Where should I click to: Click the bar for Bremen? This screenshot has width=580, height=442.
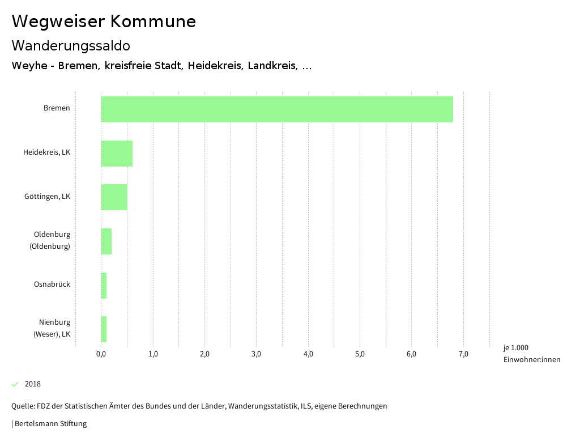pyautogui.click(x=277, y=109)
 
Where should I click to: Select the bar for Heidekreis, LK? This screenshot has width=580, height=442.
pyautogui.click(x=117, y=154)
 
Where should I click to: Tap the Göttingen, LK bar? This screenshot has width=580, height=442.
pyautogui.click(x=114, y=197)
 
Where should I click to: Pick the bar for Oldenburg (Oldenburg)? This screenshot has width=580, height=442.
pyautogui.click(x=106, y=241)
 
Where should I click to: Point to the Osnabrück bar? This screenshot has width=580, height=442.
pyautogui.click(x=104, y=286)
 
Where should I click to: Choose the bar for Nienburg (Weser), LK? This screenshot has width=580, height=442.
pyautogui.click(x=104, y=329)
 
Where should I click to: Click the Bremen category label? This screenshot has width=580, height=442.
pyautogui.click(x=57, y=108)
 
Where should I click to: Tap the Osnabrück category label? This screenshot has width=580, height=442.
pyautogui.click(x=52, y=284)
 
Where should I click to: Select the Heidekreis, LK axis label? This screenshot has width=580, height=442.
pyautogui.click(x=46, y=152)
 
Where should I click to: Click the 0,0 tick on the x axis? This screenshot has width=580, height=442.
pyautogui.click(x=101, y=355)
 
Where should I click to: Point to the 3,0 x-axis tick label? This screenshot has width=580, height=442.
pyautogui.click(x=257, y=355)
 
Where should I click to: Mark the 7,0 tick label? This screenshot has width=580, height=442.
pyautogui.click(x=463, y=355)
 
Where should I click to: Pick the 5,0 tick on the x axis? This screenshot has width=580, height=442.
pyautogui.click(x=360, y=355)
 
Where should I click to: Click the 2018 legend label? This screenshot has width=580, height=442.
pyautogui.click(x=33, y=384)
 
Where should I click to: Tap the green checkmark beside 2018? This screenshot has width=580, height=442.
pyautogui.click(x=15, y=384)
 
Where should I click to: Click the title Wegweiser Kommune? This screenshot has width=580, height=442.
pyautogui.click(x=104, y=22)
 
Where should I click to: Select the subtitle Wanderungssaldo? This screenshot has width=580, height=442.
pyautogui.click(x=71, y=46)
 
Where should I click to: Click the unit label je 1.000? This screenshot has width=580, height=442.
pyautogui.click(x=515, y=348)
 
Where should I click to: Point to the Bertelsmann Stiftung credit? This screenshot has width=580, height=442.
pyautogui.click(x=50, y=424)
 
